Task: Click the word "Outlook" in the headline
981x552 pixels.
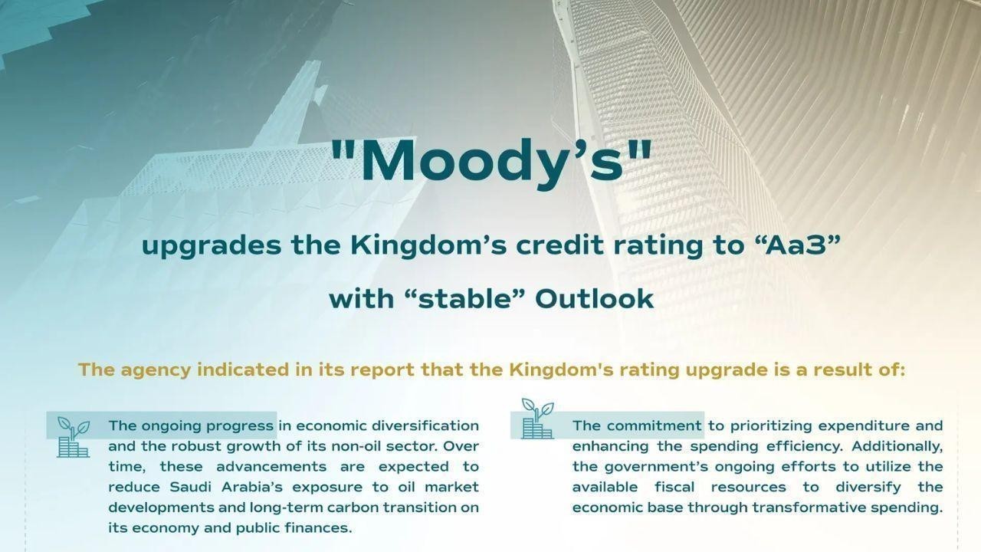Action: pyautogui.click(x=594, y=298)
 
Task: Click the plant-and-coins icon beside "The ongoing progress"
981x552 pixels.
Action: pyautogui.click(x=74, y=438)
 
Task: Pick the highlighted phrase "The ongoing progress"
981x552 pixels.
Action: pyautogui.click(x=191, y=426)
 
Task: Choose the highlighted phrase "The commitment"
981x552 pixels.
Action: pyautogui.click(x=637, y=426)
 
